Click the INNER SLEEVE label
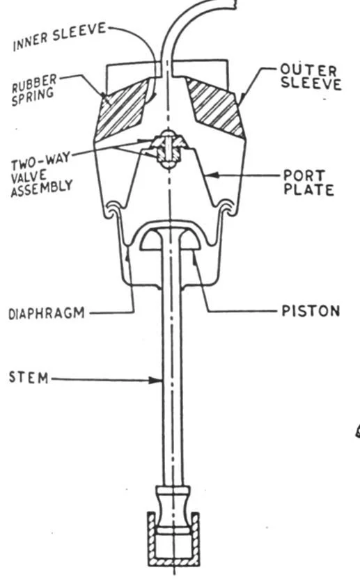coord(59,36)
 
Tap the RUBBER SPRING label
coord(34,89)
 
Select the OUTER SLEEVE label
coord(311,77)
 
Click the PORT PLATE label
coord(308,182)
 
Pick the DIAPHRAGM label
coord(47,313)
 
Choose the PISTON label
coord(311,311)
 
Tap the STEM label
coord(29,377)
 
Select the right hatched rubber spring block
coord(216,106)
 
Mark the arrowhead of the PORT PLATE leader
coord(211,175)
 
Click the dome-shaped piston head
coord(171,238)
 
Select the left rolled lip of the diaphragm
coord(113,209)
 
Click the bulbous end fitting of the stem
coord(173,510)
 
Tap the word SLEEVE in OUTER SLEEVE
coord(311,84)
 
